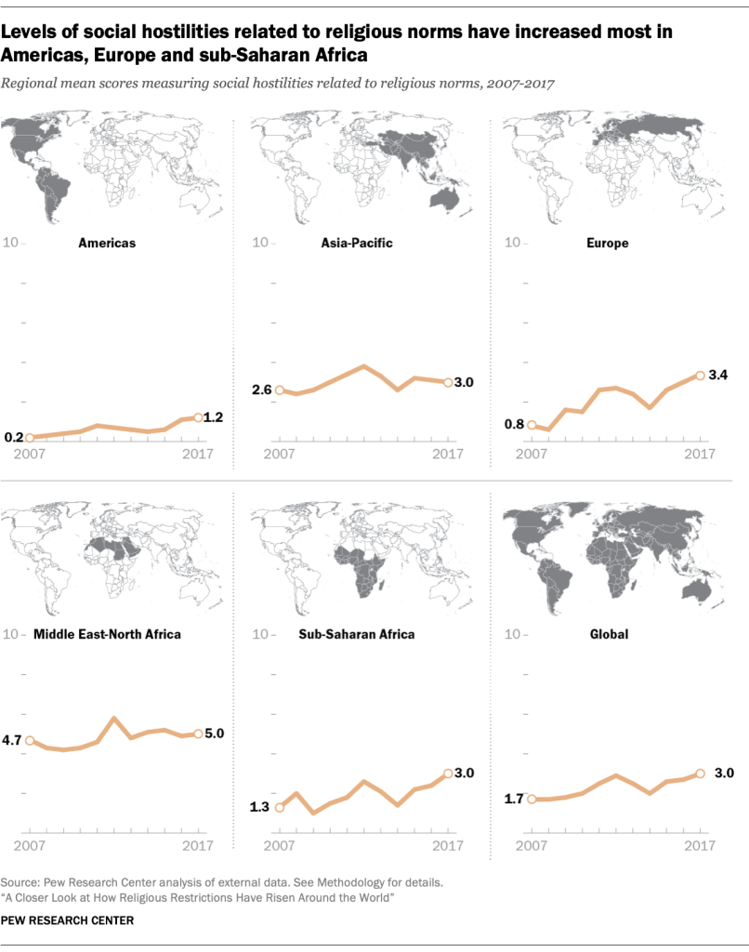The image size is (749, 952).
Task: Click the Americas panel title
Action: [107, 243]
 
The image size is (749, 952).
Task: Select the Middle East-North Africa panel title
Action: [107, 635]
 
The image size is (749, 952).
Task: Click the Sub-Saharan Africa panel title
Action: [357, 635]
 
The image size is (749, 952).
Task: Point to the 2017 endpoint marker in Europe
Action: [700, 376]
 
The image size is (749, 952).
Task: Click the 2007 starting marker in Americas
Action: [30, 437]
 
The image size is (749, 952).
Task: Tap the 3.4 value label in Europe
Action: [718, 376]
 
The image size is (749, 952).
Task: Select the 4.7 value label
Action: [13, 741]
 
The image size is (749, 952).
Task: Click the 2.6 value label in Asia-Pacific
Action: [261, 390]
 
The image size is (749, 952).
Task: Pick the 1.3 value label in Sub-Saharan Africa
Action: [260, 807]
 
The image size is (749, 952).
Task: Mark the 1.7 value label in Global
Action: [513, 799]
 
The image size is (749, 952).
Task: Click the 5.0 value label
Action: [215, 734]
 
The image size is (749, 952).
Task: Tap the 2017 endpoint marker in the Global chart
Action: [700, 773]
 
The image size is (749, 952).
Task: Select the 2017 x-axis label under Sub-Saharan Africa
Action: [449, 844]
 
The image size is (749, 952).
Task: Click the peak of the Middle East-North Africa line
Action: [113, 718]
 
